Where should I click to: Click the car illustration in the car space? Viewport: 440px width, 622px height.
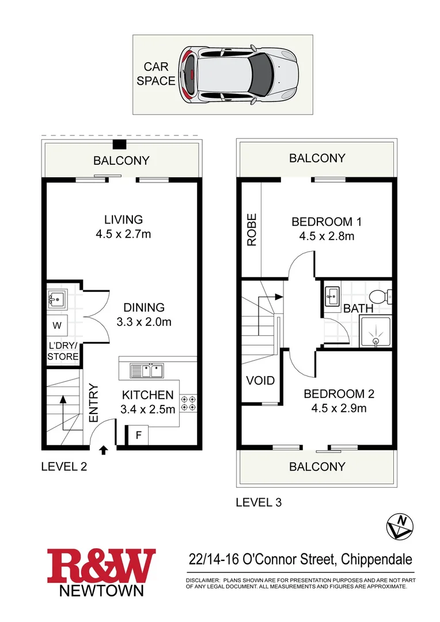pyautogui.click(x=241, y=74)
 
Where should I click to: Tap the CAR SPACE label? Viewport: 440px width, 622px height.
pyautogui.click(x=155, y=74)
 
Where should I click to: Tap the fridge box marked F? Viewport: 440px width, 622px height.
pyautogui.click(x=138, y=435)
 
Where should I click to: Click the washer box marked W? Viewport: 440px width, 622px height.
pyautogui.click(x=57, y=325)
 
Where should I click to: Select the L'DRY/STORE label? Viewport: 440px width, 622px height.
pyautogui.click(x=63, y=351)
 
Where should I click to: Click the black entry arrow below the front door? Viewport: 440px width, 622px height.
pyautogui.click(x=104, y=450)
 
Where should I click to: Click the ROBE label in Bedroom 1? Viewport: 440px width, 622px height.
pyautogui.click(x=252, y=230)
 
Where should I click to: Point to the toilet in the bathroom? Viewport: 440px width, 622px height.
pyautogui.click(x=378, y=297)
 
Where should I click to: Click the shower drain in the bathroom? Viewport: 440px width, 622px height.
pyautogui.click(x=376, y=340)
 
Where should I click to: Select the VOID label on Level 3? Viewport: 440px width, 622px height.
pyautogui.click(x=260, y=381)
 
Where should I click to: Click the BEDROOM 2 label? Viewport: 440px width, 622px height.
pyautogui.click(x=339, y=395)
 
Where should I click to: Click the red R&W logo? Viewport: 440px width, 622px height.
pyautogui.click(x=101, y=565)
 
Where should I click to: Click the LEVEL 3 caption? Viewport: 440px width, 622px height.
pyautogui.click(x=259, y=502)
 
